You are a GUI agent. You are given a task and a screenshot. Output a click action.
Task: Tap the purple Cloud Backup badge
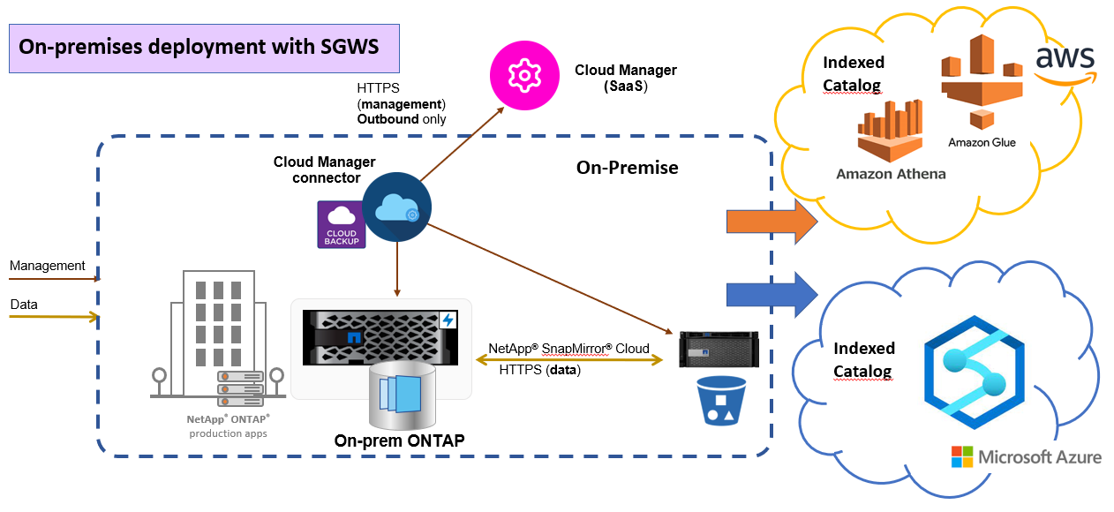(x=342, y=224)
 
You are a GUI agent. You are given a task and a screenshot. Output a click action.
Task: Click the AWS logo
(x=1065, y=62)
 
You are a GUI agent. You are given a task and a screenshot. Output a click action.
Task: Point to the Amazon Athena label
(x=891, y=174)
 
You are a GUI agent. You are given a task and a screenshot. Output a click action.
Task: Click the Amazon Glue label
(x=982, y=142)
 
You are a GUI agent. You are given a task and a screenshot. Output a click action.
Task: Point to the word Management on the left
(x=48, y=266)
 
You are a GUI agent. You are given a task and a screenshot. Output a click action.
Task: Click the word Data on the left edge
(x=24, y=305)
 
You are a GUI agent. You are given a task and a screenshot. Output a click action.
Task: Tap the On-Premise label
(x=627, y=168)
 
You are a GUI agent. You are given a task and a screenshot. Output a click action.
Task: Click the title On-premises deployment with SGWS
(x=199, y=47)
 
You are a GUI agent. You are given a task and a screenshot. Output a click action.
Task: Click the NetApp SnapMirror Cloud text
(x=568, y=349)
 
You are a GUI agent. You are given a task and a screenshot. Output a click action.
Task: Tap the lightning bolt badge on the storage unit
(x=448, y=320)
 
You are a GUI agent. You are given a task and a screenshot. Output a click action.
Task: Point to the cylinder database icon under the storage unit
(x=402, y=394)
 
